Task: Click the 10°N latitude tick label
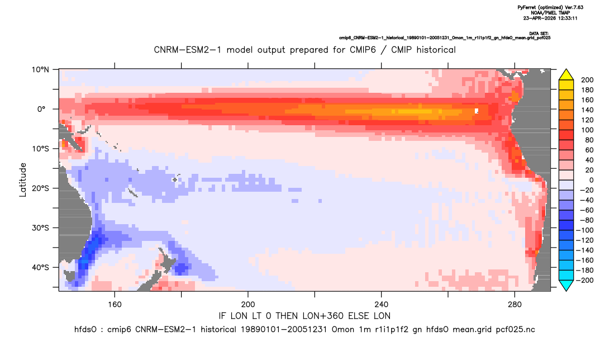click(x=40, y=70)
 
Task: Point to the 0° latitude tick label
click(x=41, y=109)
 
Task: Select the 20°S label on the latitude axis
click(x=40, y=188)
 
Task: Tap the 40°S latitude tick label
click(x=40, y=267)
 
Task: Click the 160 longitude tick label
click(x=115, y=305)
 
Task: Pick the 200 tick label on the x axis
click(x=248, y=305)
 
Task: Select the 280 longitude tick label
click(x=515, y=305)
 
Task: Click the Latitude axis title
click(x=23, y=180)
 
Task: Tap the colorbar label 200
click(x=587, y=80)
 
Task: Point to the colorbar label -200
click(x=585, y=280)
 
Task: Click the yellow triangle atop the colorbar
click(x=566, y=75)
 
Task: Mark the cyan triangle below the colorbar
click(x=566, y=285)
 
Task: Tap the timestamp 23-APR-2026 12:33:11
click(x=550, y=18)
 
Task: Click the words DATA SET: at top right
click(x=540, y=34)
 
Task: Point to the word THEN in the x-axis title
click(x=287, y=316)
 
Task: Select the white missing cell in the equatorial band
click(x=477, y=111)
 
